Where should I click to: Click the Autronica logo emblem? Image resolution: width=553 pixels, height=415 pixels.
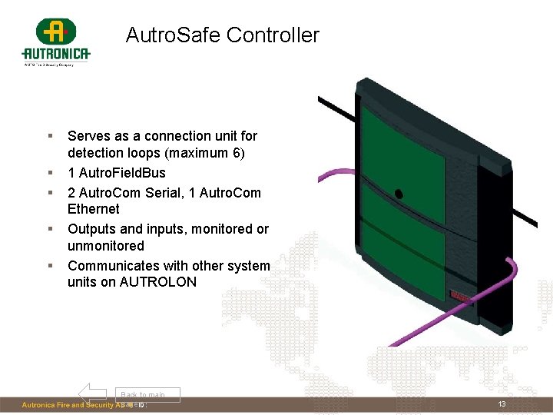click(x=55, y=32)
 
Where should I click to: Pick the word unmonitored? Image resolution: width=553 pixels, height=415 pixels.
click(x=106, y=246)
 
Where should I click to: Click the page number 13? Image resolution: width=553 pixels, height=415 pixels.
click(x=502, y=405)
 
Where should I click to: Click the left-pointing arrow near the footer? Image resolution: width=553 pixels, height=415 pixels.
click(x=92, y=393)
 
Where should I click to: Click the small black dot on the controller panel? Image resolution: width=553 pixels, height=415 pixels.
click(x=398, y=194)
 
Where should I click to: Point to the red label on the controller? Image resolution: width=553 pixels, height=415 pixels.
click(x=461, y=295)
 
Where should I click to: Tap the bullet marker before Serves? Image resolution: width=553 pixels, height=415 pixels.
click(x=50, y=136)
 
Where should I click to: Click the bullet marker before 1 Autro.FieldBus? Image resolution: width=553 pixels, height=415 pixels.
click(x=50, y=173)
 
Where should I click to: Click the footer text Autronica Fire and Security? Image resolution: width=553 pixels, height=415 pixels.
click(x=73, y=405)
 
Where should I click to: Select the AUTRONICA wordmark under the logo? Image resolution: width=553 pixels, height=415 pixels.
click(x=56, y=54)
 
